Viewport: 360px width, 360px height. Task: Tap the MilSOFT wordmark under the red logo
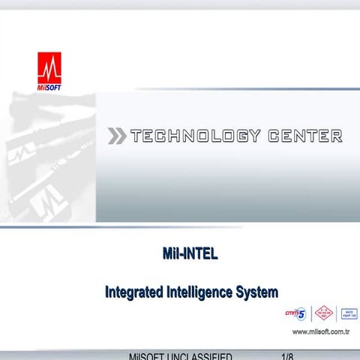(x=49, y=88)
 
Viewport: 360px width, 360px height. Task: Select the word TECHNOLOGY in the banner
(x=195, y=136)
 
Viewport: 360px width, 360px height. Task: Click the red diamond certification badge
(x=322, y=313)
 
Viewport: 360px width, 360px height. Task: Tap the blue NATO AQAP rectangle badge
(x=348, y=313)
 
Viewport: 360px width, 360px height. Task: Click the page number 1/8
(x=286, y=355)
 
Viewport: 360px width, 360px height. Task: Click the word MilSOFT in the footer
(x=147, y=355)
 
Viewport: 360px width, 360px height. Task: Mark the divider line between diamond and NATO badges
(x=336, y=313)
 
